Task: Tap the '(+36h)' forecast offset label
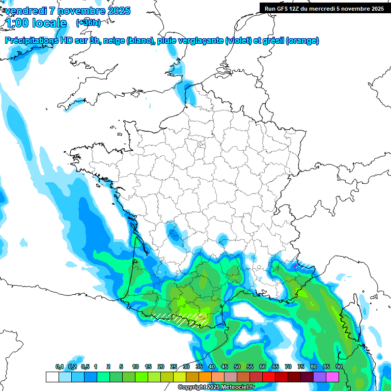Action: [88, 23]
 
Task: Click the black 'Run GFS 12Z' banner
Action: [324, 8]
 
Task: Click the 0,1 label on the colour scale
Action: [60, 367]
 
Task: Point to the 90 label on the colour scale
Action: [339, 367]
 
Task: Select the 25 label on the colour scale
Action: [174, 367]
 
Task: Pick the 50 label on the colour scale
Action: [237, 367]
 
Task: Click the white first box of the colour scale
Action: [52, 377]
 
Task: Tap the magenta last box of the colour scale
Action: [332, 377]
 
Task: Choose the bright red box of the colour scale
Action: [269, 377]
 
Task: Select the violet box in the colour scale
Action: [320, 377]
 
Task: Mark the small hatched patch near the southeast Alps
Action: [300, 265]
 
